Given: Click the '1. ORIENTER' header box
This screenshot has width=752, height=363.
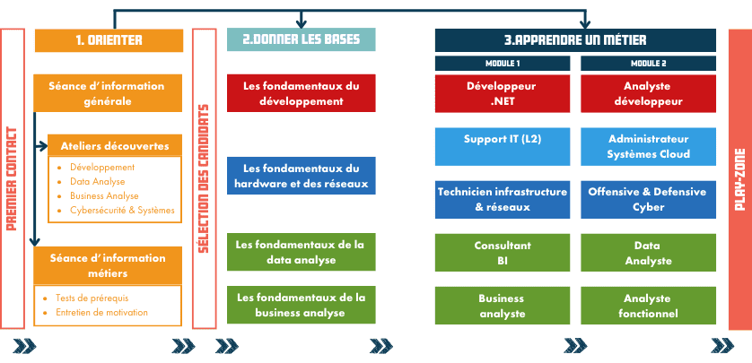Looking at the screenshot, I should click(109, 40).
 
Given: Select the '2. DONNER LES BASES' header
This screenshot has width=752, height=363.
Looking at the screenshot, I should click(301, 40).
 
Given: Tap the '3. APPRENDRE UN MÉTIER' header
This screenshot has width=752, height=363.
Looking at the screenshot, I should click(575, 40).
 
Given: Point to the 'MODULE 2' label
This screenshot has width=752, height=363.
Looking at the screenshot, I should click(648, 64).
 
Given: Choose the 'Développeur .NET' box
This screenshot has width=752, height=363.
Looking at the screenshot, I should click(502, 94).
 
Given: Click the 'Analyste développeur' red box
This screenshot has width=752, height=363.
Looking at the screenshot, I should click(648, 94).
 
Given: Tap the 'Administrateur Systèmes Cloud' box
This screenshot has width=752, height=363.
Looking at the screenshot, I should click(648, 146).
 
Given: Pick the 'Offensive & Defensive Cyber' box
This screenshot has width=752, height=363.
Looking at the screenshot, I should click(648, 199).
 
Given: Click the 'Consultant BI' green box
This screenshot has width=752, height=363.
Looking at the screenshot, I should click(502, 252).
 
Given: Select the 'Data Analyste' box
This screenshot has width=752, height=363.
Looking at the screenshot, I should click(648, 252).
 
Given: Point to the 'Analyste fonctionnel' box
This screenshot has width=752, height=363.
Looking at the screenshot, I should click(648, 306).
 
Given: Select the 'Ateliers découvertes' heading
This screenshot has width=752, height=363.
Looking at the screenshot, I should click(109, 146).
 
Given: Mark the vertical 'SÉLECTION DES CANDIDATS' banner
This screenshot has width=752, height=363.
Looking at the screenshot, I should click(204, 179).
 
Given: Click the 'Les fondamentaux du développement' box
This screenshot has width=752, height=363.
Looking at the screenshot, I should click(301, 93).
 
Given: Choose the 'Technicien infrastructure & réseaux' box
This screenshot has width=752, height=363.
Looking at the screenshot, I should click(502, 199).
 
